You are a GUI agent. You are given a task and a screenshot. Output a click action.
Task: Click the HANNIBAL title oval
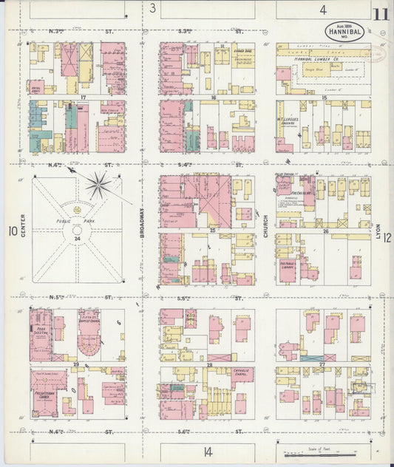click(344, 31)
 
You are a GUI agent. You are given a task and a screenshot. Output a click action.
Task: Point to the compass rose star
click(98, 184)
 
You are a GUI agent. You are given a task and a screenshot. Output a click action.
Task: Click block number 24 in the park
click(77, 239)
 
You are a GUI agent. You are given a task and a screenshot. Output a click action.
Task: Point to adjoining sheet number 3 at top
click(152, 9)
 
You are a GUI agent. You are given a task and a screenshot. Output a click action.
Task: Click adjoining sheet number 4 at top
click(323, 9)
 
